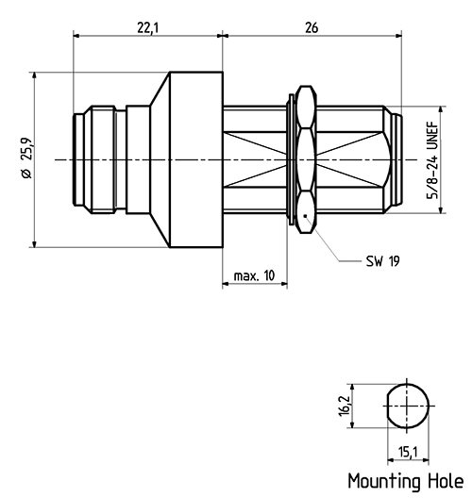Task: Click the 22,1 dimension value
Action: (148, 28)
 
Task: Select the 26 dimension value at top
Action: (312, 28)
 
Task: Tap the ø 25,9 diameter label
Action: (26, 158)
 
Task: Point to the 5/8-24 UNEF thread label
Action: (432, 160)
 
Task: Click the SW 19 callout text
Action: (382, 261)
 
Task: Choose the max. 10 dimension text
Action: (254, 275)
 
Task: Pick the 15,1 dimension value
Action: (408, 452)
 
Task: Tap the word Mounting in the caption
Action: (384, 481)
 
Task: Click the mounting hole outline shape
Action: (387, 406)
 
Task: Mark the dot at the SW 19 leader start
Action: (305, 216)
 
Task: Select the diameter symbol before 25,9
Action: (26, 174)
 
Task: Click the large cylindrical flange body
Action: (196, 159)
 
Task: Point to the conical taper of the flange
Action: (160, 159)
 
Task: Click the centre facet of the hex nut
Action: (306, 159)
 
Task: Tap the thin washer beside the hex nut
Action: (291, 159)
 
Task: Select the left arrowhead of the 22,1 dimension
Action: (77, 35)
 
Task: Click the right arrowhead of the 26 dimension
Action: (397, 35)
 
